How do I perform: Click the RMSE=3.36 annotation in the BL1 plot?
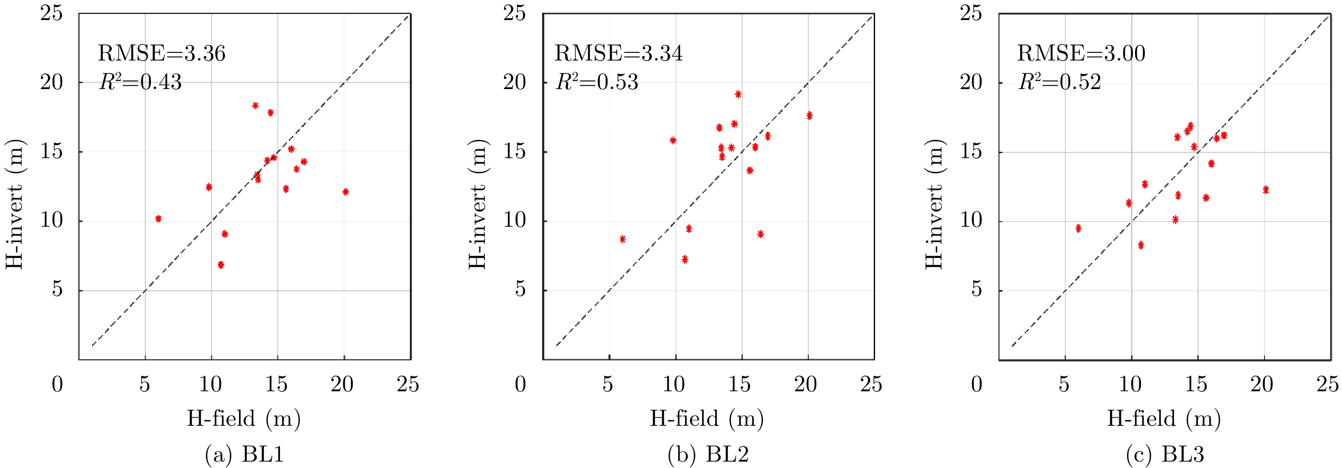(x=161, y=54)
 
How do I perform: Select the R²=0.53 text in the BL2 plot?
(x=597, y=82)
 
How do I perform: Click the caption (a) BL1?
(x=245, y=454)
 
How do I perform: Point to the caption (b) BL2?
(x=708, y=454)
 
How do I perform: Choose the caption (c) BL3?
(x=1165, y=454)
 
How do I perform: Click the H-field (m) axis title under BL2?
(x=706, y=419)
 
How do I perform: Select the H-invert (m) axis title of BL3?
(x=935, y=204)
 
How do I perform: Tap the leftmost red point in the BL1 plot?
(x=158, y=219)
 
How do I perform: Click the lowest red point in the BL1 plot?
(x=221, y=265)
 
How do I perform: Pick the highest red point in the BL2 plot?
(x=738, y=94)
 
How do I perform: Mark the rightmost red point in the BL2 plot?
(x=809, y=116)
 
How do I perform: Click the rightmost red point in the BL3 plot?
(x=1265, y=190)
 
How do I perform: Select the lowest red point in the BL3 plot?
(x=1140, y=245)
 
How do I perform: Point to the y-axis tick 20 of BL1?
(x=52, y=82)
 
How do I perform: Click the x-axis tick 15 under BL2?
(x=739, y=384)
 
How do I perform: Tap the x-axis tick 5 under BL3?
(x=1064, y=384)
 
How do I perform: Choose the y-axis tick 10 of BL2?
(x=515, y=220)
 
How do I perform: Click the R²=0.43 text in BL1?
(x=140, y=82)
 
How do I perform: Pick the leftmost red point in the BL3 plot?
(x=1078, y=228)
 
